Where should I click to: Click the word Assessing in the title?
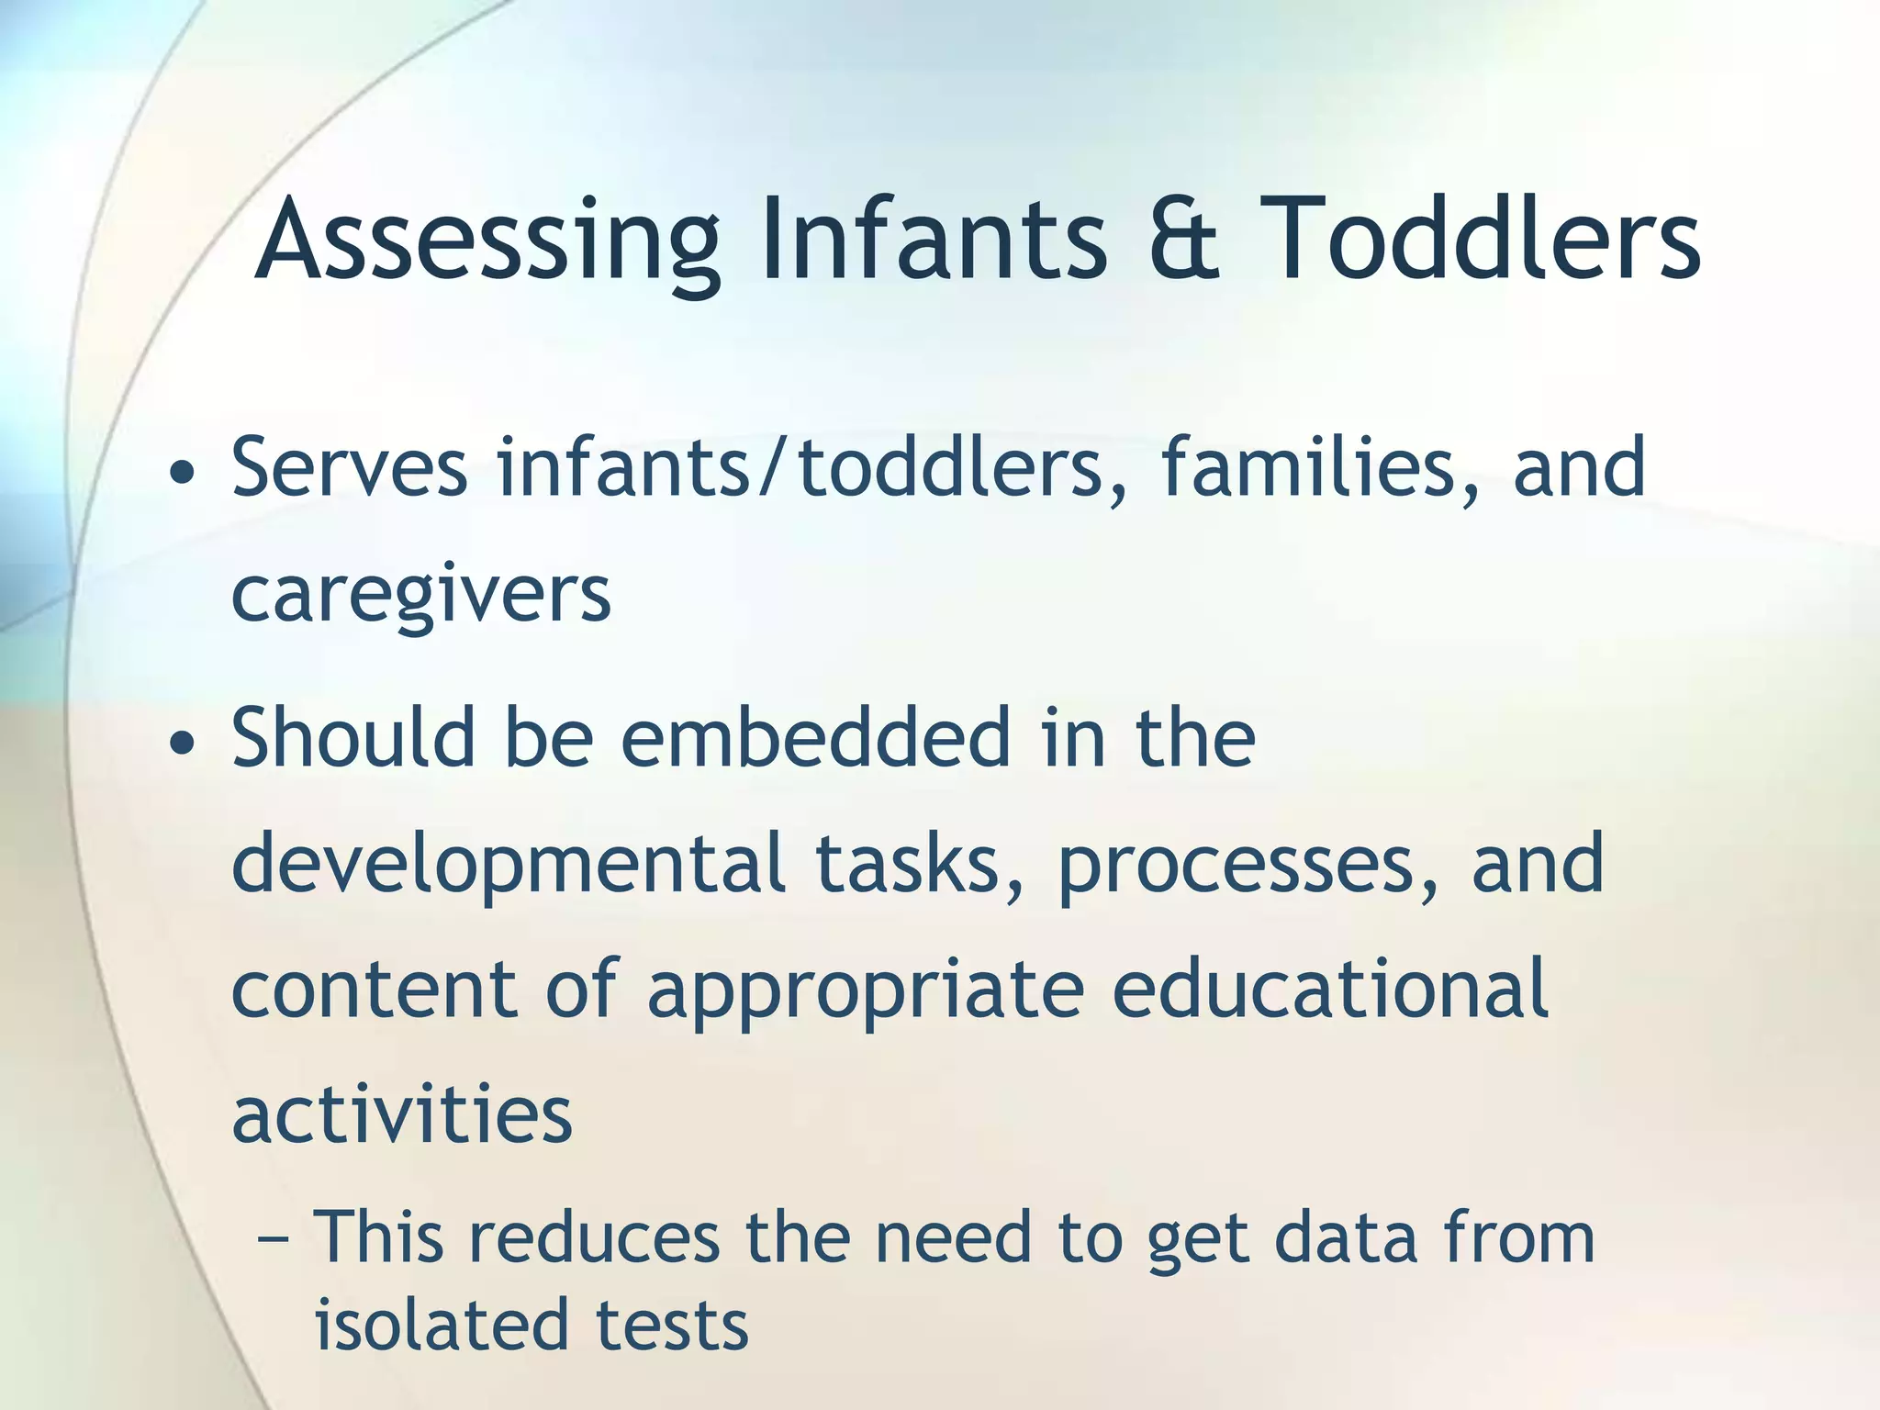[487, 241]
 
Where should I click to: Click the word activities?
[402, 1114]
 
